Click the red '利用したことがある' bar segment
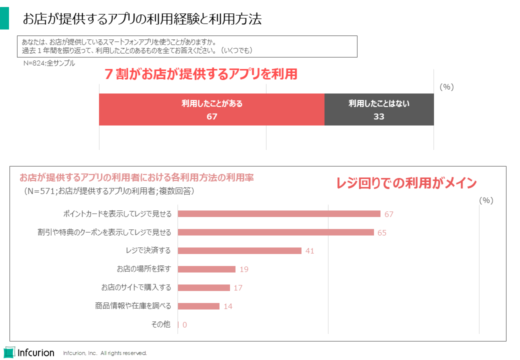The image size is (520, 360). [x=211, y=109]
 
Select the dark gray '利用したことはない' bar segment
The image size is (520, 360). [x=379, y=109]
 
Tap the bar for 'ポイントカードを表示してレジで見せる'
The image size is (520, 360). [x=279, y=214]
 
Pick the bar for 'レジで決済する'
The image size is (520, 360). [x=239, y=250]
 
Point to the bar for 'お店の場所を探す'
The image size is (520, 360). [x=206, y=269]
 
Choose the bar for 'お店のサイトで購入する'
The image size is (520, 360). [x=204, y=287]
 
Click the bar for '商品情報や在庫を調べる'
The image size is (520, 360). [x=198, y=306]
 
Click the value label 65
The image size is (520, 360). [x=382, y=233]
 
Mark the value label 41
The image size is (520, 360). [x=309, y=251]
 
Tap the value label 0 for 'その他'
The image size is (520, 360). [x=184, y=325]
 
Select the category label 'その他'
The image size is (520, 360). [x=160, y=324]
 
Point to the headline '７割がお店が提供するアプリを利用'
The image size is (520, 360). [x=200, y=74]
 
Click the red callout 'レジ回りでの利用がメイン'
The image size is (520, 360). [x=406, y=183]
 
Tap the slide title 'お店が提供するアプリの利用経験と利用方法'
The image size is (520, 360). [x=142, y=19]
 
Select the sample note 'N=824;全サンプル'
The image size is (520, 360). [x=49, y=63]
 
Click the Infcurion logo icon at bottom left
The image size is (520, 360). [x=9, y=352]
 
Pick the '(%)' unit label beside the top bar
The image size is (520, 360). [x=446, y=86]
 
